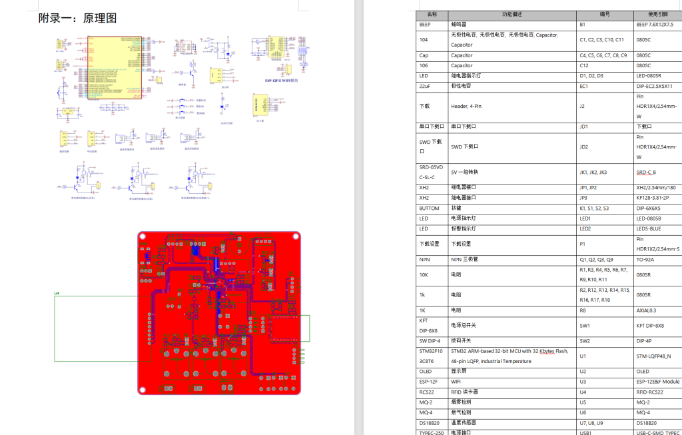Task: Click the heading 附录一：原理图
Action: pyautogui.click(x=77, y=19)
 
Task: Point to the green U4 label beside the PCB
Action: pyautogui.click(x=57, y=293)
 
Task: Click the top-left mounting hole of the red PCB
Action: pyautogui.click(x=143, y=236)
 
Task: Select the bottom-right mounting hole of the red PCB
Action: pyautogui.click(x=296, y=390)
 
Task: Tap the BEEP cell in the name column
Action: pyautogui.click(x=426, y=25)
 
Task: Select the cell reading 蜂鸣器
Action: pyautogui.click(x=460, y=25)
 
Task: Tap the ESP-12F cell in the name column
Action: pyautogui.click(x=428, y=382)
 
